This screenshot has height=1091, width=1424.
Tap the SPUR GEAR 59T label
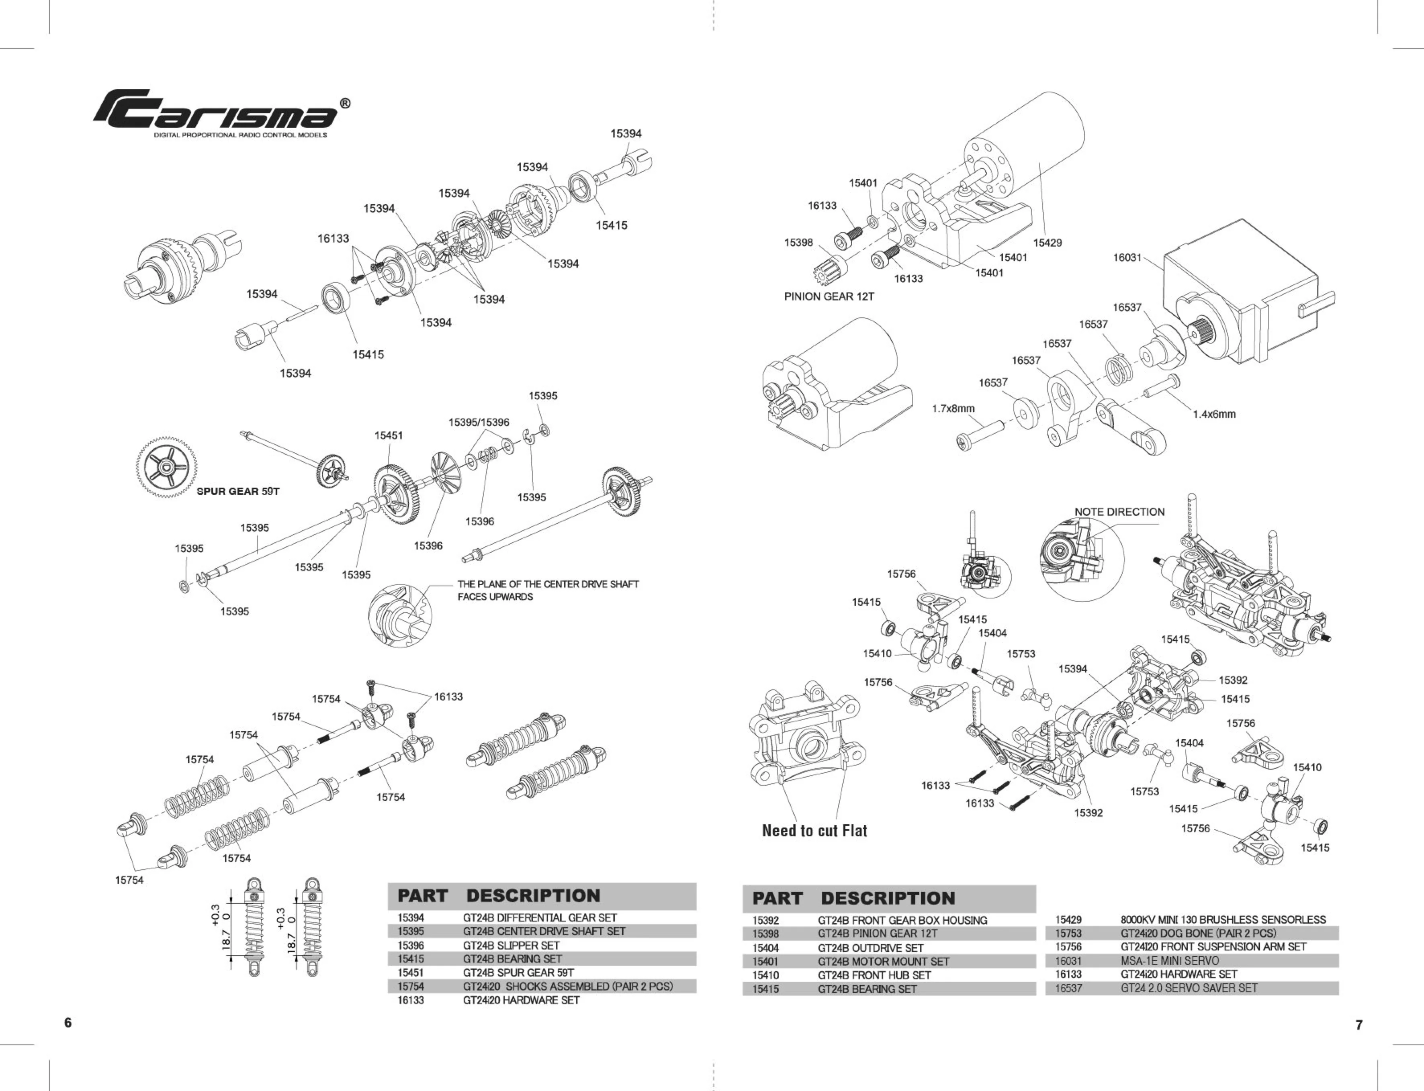tap(238, 491)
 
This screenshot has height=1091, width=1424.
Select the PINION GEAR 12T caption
tap(829, 297)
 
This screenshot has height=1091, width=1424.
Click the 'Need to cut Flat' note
tap(814, 831)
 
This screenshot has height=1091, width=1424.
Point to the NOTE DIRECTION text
tap(1119, 512)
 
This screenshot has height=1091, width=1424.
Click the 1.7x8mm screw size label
tap(953, 409)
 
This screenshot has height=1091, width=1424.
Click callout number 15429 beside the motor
tap(1047, 243)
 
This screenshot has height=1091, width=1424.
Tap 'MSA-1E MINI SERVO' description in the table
tap(1169, 960)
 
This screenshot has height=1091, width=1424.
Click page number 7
tap(1359, 1025)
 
